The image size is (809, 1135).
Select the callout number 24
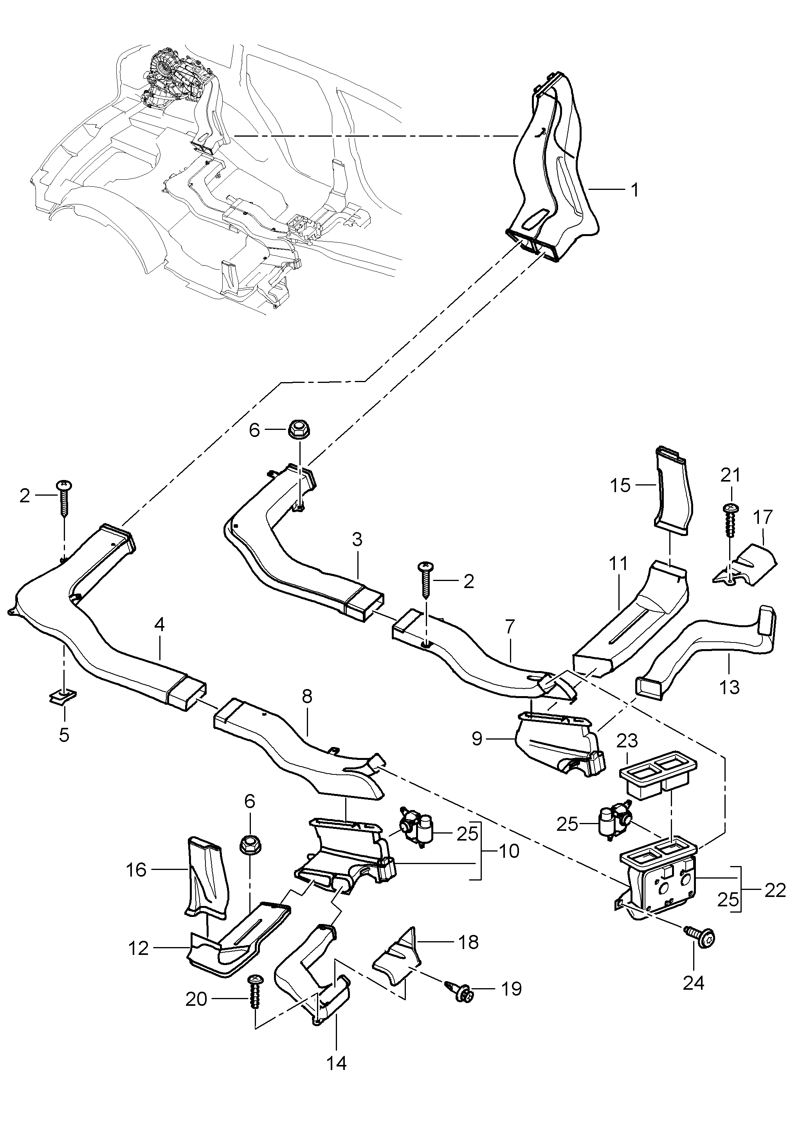[694, 983]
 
